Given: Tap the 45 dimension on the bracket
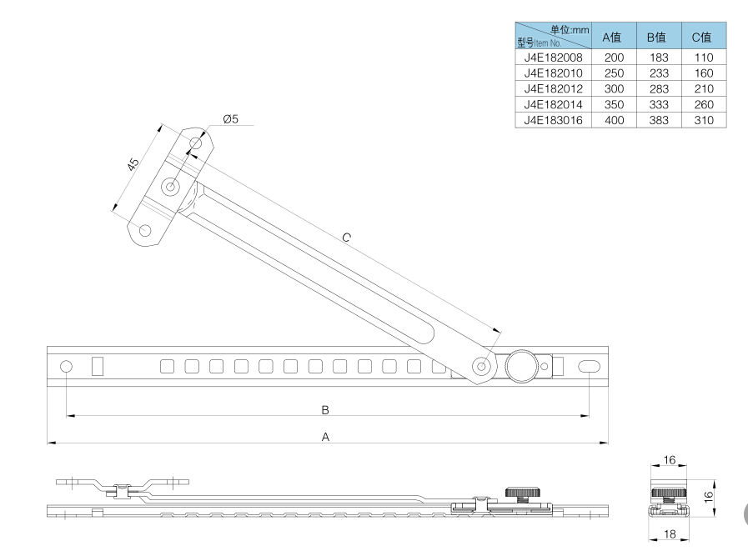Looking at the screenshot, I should click(133, 164).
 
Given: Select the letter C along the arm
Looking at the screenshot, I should click(347, 238).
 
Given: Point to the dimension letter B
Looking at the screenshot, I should click(326, 409).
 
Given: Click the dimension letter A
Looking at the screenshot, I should click(326, 436).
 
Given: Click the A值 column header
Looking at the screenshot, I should click(612, 38).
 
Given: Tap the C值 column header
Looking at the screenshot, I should click(701, 38).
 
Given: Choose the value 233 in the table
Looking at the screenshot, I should click(658, 73).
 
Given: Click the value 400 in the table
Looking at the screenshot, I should click(614, 120).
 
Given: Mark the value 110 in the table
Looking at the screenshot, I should click(703, 58).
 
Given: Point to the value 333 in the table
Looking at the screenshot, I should click(658, 105).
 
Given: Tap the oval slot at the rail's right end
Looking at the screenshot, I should click(589, 366).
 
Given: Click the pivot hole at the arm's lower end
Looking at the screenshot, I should click(482, 366).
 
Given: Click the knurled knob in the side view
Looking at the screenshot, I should click(519, 494).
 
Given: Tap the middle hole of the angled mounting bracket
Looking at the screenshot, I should click(171, 187).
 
